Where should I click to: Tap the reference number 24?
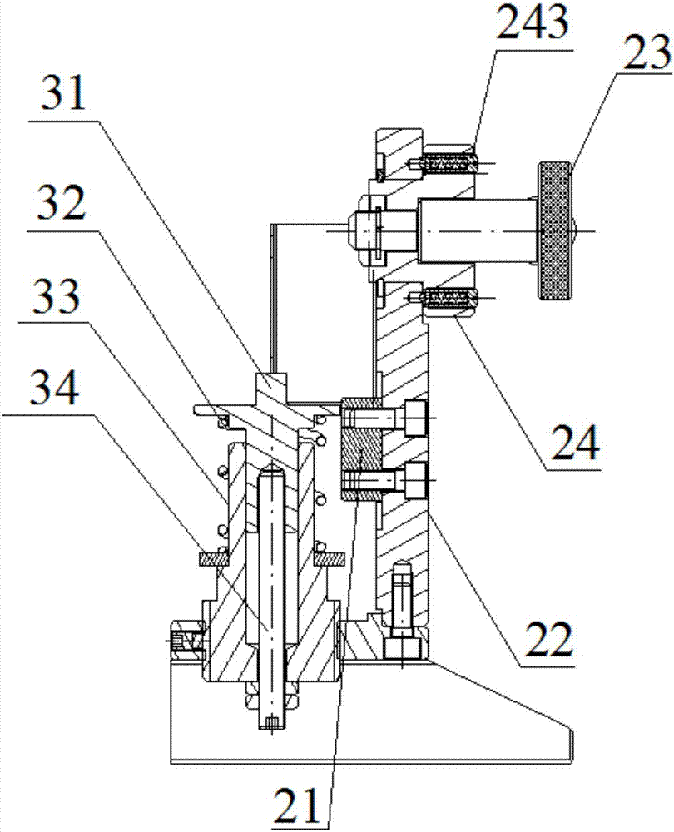point(574,442)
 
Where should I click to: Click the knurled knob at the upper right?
point(556,230)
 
